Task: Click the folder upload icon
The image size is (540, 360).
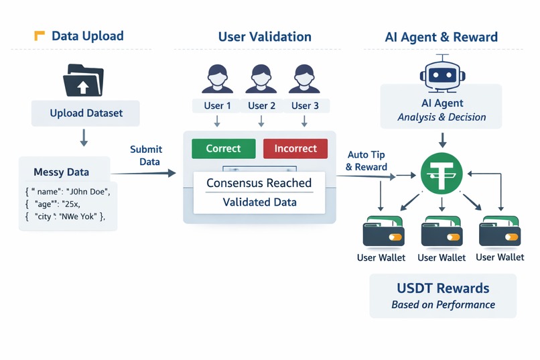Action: (84, 80)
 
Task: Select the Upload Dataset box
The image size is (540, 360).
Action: (86, 113)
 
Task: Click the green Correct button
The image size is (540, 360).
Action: (223, 148)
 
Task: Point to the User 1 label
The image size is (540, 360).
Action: (218, 105)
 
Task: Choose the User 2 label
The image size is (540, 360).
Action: (262, 105)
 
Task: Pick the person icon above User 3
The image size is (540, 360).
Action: (305, 78)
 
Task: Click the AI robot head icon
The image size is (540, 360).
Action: (442, 73)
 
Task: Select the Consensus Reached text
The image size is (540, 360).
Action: (259, 183)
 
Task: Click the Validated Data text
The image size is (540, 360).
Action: (259, 202)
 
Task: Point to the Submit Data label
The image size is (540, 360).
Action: (146, 155)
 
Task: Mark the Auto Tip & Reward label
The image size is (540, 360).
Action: (366, 161)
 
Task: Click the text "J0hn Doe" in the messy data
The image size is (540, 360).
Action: (87, 191)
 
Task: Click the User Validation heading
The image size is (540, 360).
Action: (265, 36)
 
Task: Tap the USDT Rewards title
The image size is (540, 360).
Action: (443, 288)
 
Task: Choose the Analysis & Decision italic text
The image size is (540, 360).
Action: (442, 117)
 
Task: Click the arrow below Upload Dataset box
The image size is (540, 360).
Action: (84, 137)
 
